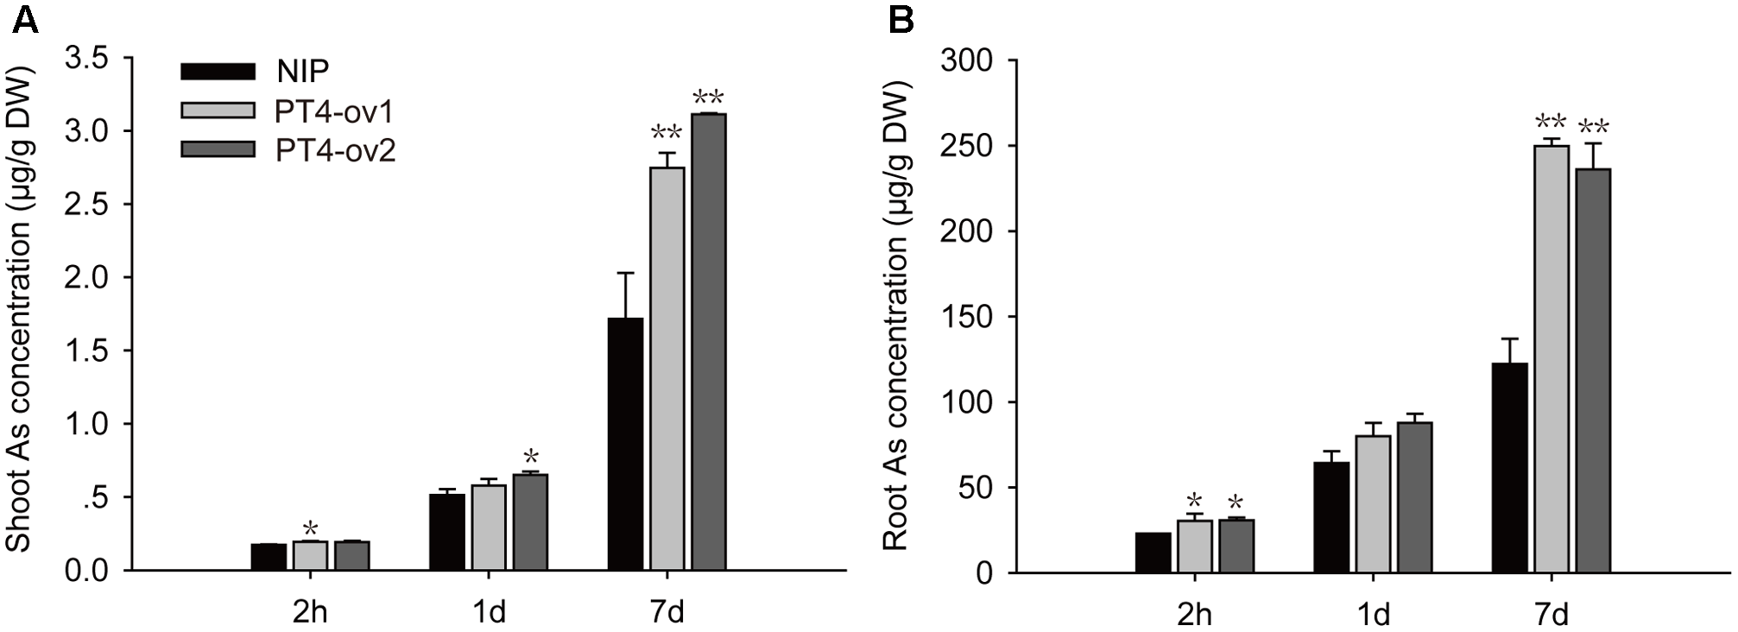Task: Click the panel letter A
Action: pos(25,20)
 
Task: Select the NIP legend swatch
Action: pos(218,72)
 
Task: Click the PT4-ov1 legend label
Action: pos(335,111)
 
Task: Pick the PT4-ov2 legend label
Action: pos(335,151)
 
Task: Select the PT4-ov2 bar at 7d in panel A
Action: pos(708,342)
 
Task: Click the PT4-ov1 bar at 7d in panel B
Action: pos(1551,359)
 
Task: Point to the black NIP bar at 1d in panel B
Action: pos(1330,517)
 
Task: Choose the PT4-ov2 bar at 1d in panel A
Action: pos(530,522)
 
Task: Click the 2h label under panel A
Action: pos(310,612)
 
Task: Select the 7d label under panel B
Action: pos(1552,614)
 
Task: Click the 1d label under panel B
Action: pos(1373,614)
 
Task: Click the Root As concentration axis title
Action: pos(895,315)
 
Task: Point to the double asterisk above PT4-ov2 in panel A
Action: pos(708,97)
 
